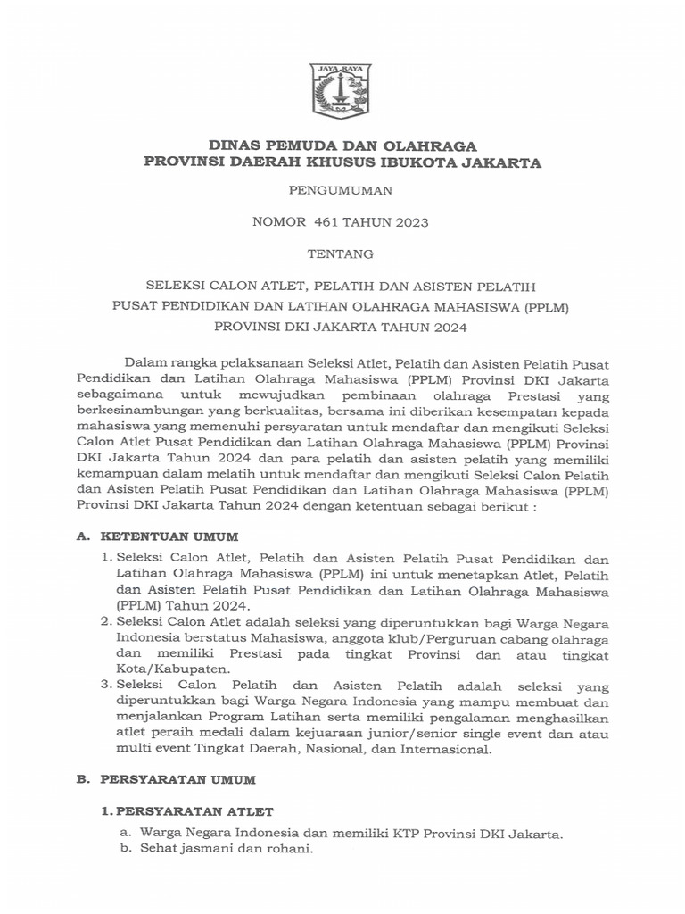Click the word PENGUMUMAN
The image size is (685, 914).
coord(342,190)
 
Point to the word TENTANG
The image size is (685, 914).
coord(342,254)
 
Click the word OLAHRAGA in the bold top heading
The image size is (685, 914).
coord(433,146)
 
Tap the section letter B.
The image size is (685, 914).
coord(82,779)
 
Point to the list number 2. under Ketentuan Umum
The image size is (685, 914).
coord(106,621)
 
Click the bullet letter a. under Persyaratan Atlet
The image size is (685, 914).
coord(126,833)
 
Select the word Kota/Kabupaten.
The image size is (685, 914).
coord(167,669)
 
